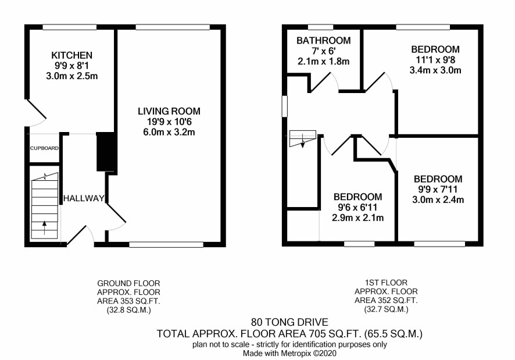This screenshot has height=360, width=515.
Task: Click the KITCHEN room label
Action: tap(71, 55)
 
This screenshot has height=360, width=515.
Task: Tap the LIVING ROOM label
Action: tap(169, 111)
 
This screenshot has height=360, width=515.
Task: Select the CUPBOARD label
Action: tap(44, 148)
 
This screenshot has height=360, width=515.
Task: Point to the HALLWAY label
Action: tap(84, 198)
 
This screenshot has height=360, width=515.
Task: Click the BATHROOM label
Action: tap(324, 41)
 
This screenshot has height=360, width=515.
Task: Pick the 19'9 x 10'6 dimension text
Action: tap(169, 122)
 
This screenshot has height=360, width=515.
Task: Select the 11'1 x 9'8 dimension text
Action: tap(435, 60)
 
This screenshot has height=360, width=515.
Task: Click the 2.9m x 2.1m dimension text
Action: tap(357, 218)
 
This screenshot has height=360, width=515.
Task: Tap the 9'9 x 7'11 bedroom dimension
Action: tap(438, 190)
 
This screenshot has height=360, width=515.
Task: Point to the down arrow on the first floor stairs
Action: tap(302, 142)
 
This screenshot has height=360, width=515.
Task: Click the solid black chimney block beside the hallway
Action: tap(107, 152)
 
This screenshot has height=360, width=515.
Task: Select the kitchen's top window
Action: tap(70, 27)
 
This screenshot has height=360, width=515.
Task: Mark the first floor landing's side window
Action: tap(284, 106)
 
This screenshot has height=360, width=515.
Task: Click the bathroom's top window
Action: tap(320, 27)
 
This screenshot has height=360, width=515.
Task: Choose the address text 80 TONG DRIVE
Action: tap(289, 322)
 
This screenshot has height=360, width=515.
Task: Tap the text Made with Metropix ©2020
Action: tap(289, 354)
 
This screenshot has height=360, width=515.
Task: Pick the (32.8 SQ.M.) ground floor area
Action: tap(129, 310)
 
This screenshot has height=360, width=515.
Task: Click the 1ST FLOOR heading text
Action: tap(386, 283)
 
